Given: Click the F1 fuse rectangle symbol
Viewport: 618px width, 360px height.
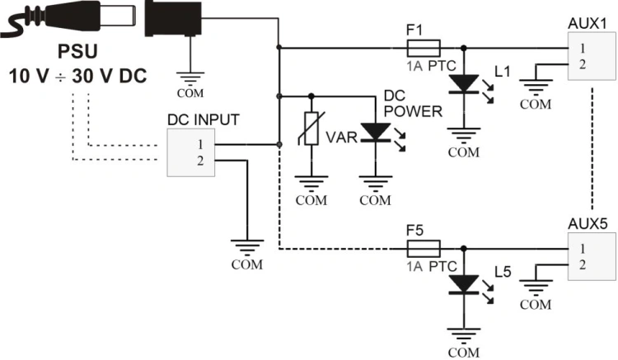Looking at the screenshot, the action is [424, 48].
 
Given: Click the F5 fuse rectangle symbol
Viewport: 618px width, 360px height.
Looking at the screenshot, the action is [424, 249].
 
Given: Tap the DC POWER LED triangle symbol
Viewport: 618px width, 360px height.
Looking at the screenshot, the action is [376, 132].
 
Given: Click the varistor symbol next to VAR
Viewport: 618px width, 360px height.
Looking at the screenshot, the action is [311, 129].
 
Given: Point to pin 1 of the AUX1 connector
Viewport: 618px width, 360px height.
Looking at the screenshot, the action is [583, 49].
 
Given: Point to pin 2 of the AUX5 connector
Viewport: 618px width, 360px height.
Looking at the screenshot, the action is [583, 265].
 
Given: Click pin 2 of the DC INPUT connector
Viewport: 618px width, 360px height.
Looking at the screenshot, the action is [200, 161].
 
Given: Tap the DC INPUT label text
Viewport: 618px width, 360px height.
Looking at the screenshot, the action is [204, 119].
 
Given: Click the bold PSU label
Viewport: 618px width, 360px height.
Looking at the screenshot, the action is [77, 52].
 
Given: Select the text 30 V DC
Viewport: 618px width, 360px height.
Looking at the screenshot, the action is [109, 76].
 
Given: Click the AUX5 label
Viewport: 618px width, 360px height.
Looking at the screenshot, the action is [588, 224].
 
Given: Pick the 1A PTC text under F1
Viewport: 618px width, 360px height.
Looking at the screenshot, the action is [431, 66].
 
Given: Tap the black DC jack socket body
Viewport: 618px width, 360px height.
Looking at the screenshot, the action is [173, 18].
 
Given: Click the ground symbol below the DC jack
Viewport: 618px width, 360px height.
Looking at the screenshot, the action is [190, 79].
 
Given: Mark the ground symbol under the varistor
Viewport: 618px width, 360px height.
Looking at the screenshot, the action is [311, 184].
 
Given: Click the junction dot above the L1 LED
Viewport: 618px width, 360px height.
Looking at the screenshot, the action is [464, 48].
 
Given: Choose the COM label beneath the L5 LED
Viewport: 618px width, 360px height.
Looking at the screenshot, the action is [464, 352].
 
